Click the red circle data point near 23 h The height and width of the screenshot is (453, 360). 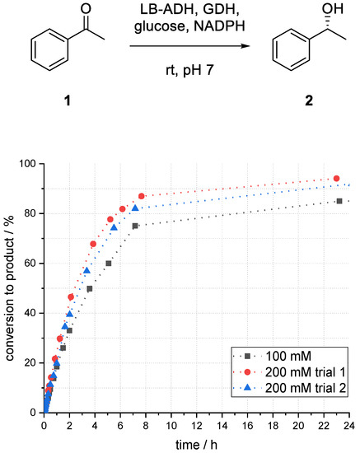click(x=336, y=179)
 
